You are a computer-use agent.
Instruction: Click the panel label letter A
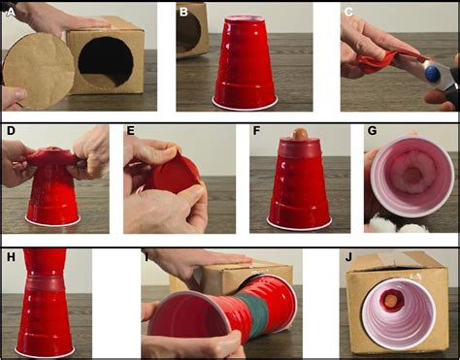(10, 11)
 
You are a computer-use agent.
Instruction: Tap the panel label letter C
(347, 11)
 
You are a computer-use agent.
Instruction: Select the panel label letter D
(10, 130)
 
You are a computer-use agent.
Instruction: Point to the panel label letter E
(131, 130)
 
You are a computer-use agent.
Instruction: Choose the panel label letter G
(370, 130)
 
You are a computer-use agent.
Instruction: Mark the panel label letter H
(10, 256)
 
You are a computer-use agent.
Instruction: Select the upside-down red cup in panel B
(245, 63)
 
